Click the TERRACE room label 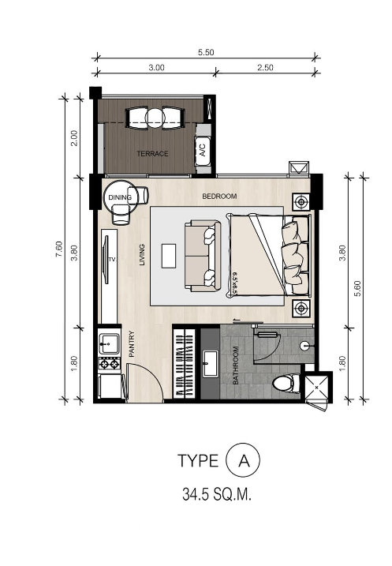point(152,154)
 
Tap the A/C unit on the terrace point(202,148)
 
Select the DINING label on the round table point(119,198)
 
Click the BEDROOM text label point(218,196)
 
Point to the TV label point(112,259)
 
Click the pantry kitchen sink point(108,343)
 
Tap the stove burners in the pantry point(108,364)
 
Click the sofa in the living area point(200,255)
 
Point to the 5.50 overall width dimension point(206,52)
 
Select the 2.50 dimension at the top point(264,69)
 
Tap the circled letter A point(242,460)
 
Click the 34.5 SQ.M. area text point(211,496)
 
